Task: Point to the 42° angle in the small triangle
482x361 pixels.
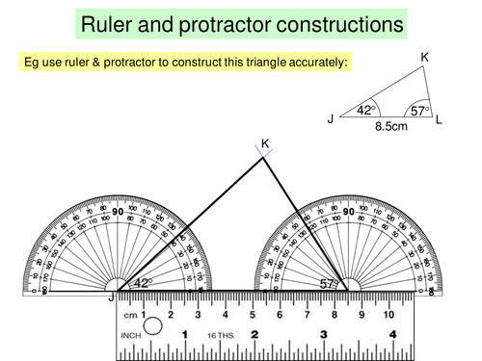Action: [x=365, y=111]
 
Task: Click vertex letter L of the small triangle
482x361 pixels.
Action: [x=440, y=118]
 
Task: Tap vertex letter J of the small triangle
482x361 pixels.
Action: [x=331, y=119]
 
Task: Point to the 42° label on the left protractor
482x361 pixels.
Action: [x=143, y=283]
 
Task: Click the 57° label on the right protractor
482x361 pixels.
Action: [x=331, y=283]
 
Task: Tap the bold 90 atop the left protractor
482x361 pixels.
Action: [x=118, y=213]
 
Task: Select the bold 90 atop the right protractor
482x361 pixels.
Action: [x=347, y=213]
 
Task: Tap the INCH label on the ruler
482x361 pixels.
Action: [x=124, y=336]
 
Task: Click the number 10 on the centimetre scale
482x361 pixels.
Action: [x=388, y=314]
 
